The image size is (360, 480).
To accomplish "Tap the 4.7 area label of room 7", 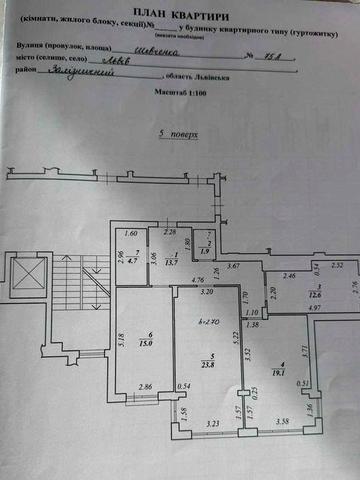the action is click(135, 264).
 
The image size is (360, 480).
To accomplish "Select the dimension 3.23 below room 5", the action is click(212, 424).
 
